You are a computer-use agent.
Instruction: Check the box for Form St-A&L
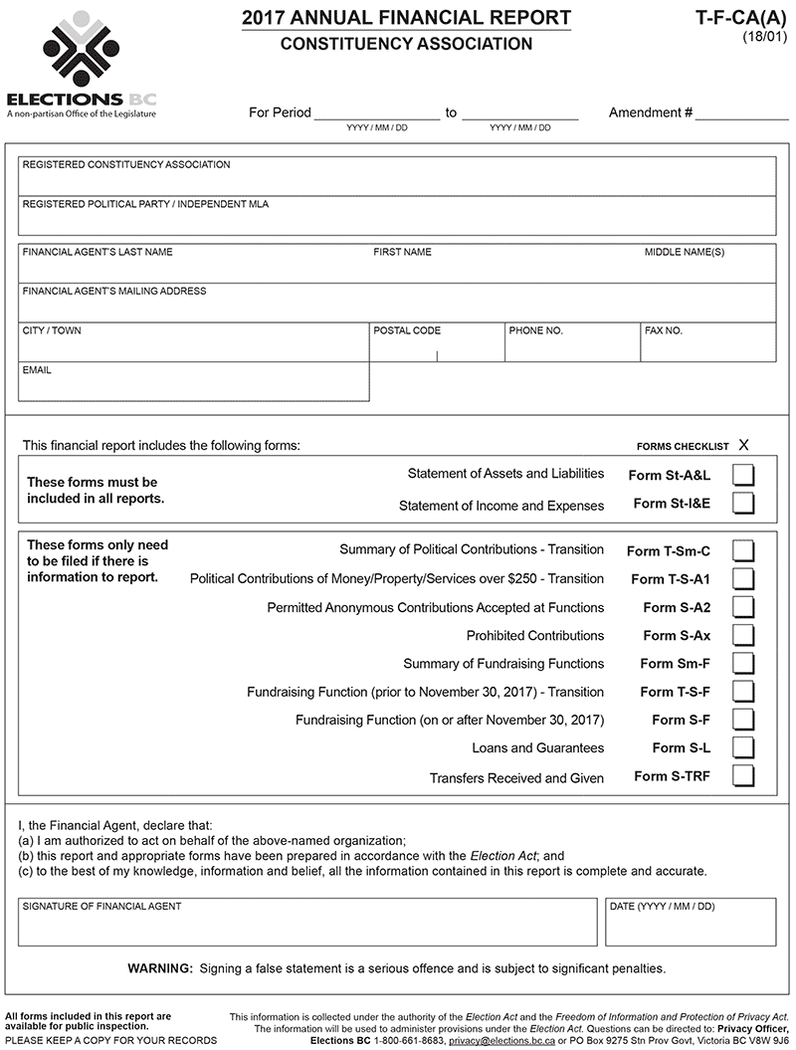point(743,475)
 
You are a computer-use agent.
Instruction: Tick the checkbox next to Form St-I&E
point(743,504)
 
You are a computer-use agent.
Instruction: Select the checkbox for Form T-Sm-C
point(743,550)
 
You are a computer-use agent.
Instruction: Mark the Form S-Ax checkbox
point(743,635)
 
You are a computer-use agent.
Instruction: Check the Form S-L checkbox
point(743,747)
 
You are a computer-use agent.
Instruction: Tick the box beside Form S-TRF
point(743,776)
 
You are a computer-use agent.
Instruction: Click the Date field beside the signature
point(690,928)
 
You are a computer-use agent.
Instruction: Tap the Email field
point(194,387)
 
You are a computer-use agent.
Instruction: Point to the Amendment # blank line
point(741,114)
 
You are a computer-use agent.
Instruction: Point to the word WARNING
point(160,968)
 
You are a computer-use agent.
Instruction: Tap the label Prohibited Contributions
point(535,635)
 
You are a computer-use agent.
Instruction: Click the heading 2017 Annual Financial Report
point(406,18)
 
